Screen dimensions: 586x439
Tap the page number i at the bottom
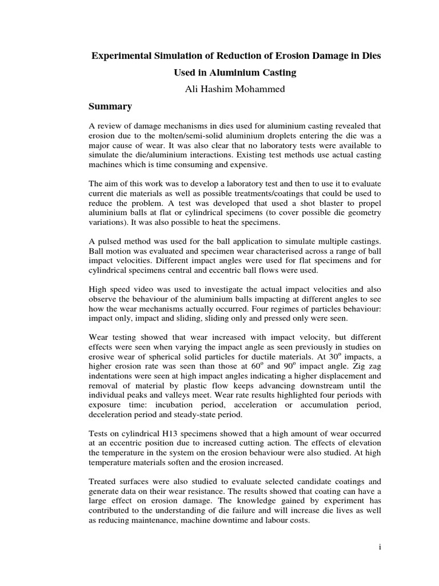[x=380, y=547]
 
